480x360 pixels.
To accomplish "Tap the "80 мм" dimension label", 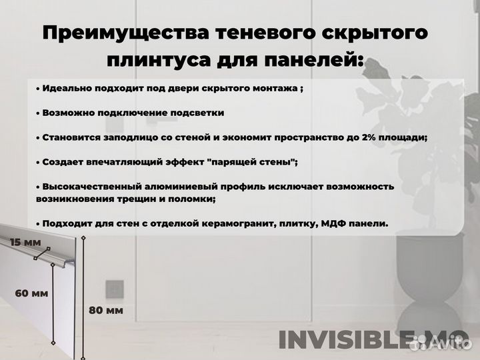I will pos(105,310).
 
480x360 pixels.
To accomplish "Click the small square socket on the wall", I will pos(115,289).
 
